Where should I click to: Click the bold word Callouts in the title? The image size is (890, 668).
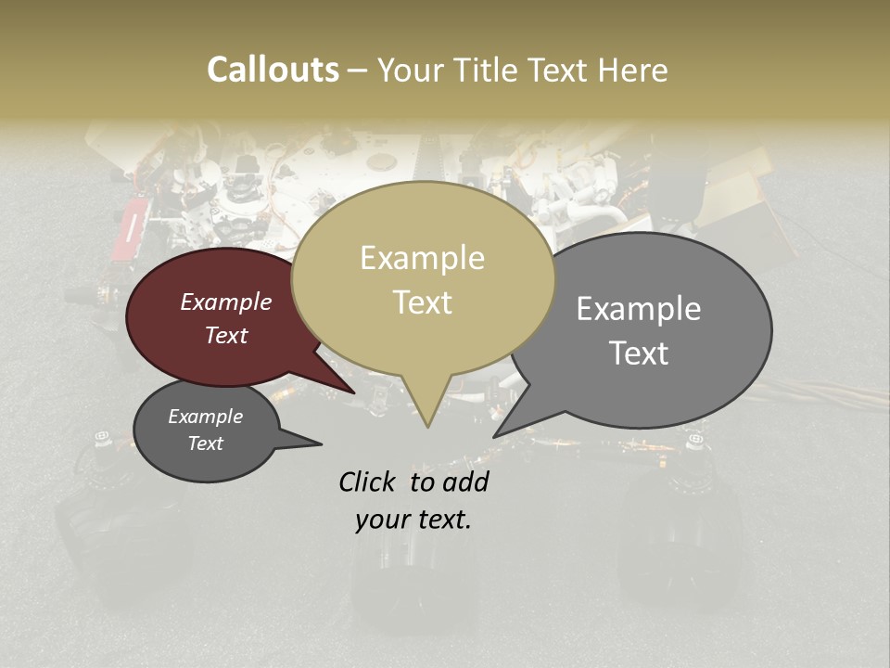[x=273, y=70]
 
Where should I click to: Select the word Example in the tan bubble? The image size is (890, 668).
[x=422, y=258]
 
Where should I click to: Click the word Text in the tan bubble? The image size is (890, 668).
[x=422, y=302]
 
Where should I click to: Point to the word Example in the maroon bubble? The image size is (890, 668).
[x=225, y=302]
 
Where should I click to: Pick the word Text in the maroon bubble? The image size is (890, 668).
[x=225, y=335]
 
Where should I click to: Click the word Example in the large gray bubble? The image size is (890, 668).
[x=638, y=309]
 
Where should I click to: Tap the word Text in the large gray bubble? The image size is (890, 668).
[x=638, y=353]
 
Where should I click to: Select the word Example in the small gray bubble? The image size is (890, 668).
[x=205, y=417]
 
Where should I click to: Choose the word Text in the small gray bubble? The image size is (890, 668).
[x=205, y=443]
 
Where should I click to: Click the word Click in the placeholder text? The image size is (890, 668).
[x=369, y=482]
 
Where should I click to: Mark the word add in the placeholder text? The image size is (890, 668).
[x=465, y=482]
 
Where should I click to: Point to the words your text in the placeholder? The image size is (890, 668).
[x=413, y=520]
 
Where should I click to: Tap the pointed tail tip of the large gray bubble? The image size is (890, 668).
[x=494, y=436]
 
